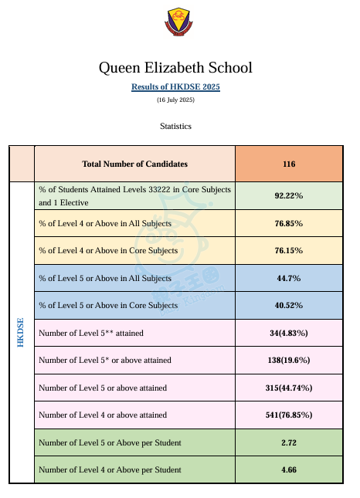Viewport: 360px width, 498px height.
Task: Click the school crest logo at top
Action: click(x=178, y=22)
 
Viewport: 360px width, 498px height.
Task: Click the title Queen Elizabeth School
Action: click(x=175, y=68)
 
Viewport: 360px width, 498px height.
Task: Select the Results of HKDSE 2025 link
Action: click(x=175, y=86)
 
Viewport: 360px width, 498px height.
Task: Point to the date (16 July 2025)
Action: click(x=175, y=100)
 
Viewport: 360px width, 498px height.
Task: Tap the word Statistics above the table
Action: click(x=175, y=126)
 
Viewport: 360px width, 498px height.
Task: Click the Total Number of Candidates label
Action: click(x=134, y=164)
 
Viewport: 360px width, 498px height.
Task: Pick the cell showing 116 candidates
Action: click(x=289, y=164)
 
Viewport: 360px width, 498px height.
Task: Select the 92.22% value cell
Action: click(x=289, y=195)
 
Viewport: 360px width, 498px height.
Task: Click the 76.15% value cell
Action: click(x=289, y=251)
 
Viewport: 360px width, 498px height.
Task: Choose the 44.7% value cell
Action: click(x=289, y=278)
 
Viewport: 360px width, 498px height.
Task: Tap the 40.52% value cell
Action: click(x=289, y=305)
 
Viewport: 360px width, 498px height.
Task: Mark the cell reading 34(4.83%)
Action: click(x=289, y=333)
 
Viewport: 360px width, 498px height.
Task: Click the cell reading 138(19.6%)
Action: click(x=289, y=360)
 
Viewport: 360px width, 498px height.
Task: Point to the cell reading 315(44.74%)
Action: click(x=289, y=388)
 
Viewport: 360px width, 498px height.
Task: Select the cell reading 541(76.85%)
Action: click(x=289, y=415)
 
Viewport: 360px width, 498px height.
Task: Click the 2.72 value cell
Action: click(x=289, y=442)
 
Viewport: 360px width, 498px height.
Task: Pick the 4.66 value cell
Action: click(x=289, y=469)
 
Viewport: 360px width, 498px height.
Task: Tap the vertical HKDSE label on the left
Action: click(x=20, y=333)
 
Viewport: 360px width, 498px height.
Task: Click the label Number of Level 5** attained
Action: click(x=91, y=333)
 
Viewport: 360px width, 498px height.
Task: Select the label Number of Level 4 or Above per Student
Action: click(x=110, y=469)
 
